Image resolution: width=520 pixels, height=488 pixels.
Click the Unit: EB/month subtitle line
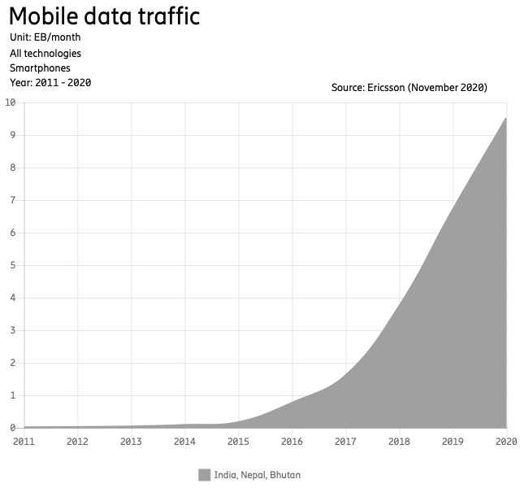click(x=45, y=37)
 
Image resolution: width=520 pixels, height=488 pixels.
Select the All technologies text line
click(x=45, y=53)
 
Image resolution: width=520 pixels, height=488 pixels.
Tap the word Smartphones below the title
click(x=40, y=68)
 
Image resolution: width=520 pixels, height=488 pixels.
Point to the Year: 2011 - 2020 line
click(x=50, y=83)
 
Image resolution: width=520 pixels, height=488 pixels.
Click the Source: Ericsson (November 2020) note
click(x=409, y=87)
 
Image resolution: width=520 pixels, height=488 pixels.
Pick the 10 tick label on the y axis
click(x=11, y=102)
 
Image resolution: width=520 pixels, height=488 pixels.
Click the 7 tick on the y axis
click(x=13, y=200)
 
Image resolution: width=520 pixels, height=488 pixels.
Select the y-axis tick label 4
click(x=13, y=298)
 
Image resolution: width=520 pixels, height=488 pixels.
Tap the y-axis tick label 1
click(x=13, y=395)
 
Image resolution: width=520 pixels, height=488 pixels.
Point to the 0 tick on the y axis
click(x=13, y=428)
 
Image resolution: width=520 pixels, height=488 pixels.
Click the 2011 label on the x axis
click(x=24, y=442)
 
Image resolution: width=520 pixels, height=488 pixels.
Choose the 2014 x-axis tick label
click(x=185, y=442)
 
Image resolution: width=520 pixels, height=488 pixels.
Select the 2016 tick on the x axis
click(x=292, y=442)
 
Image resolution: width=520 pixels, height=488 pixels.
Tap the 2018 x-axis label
click(x=400, y=442)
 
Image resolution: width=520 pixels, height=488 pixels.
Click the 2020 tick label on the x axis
click(x=505, y=442)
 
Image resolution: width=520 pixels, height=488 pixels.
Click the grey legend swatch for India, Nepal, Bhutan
click(x=204, y=475)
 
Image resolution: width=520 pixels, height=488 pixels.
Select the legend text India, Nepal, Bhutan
click(x=257, y=475)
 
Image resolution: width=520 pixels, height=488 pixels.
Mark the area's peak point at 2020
click(x=506, y=118)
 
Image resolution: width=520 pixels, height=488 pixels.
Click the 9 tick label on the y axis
click(x=13, y=135)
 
